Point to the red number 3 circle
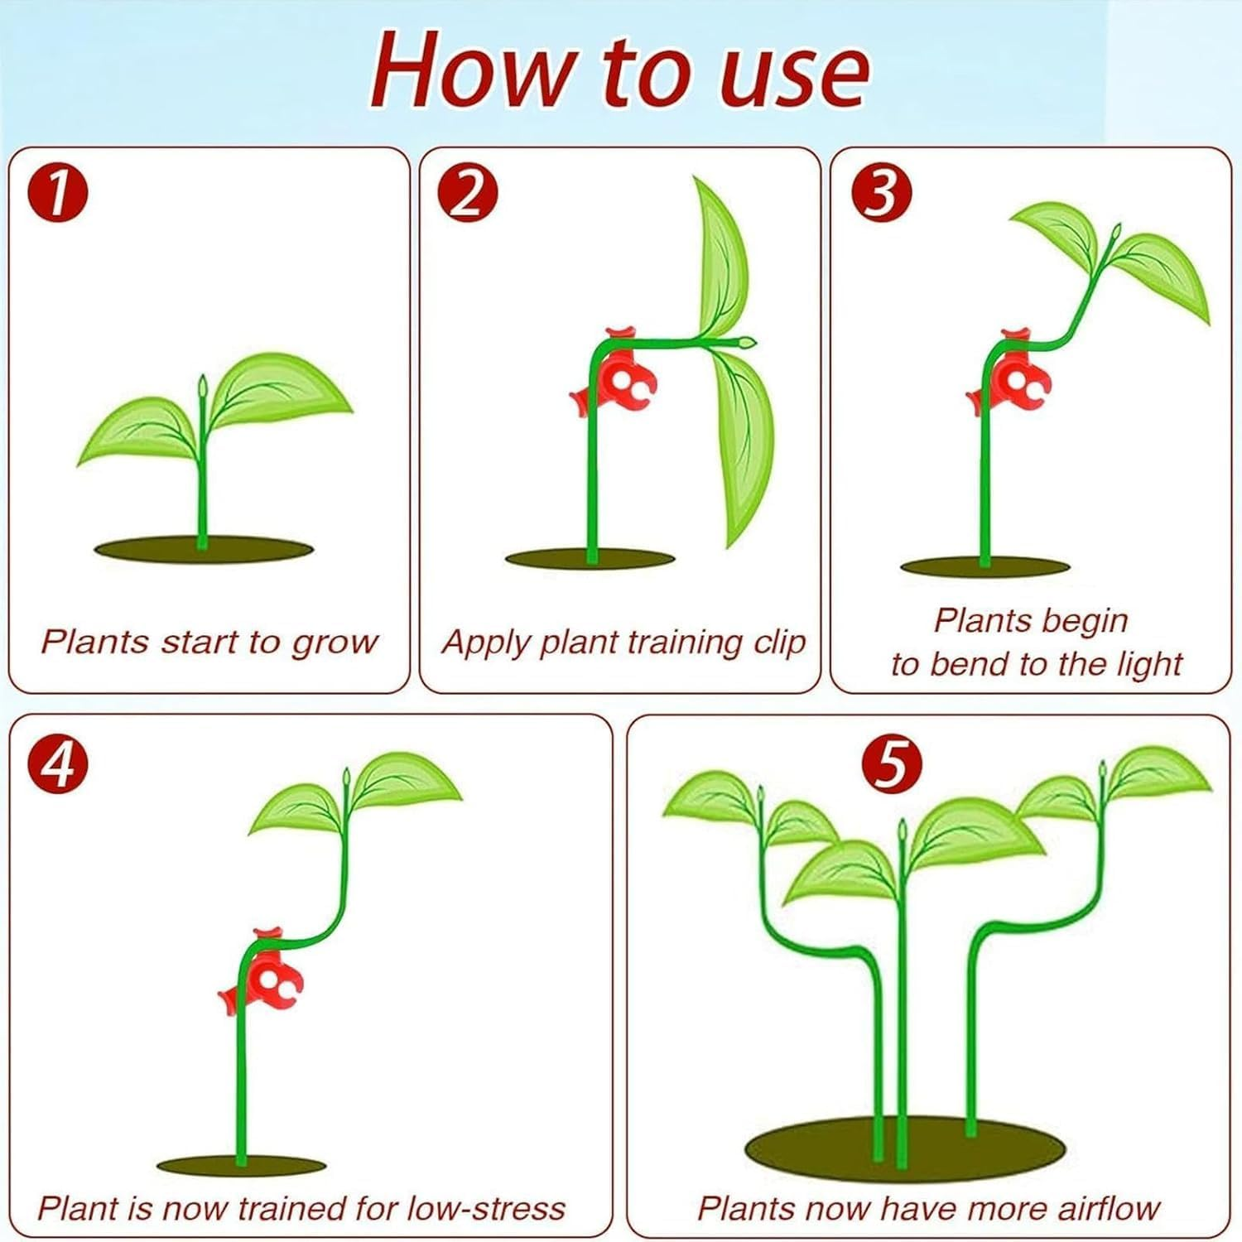click(x=882, y=194)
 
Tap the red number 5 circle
click(x=891, y=763)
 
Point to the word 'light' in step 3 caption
click(x=1147, y=665)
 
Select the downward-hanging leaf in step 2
click(x=748, y=447)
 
